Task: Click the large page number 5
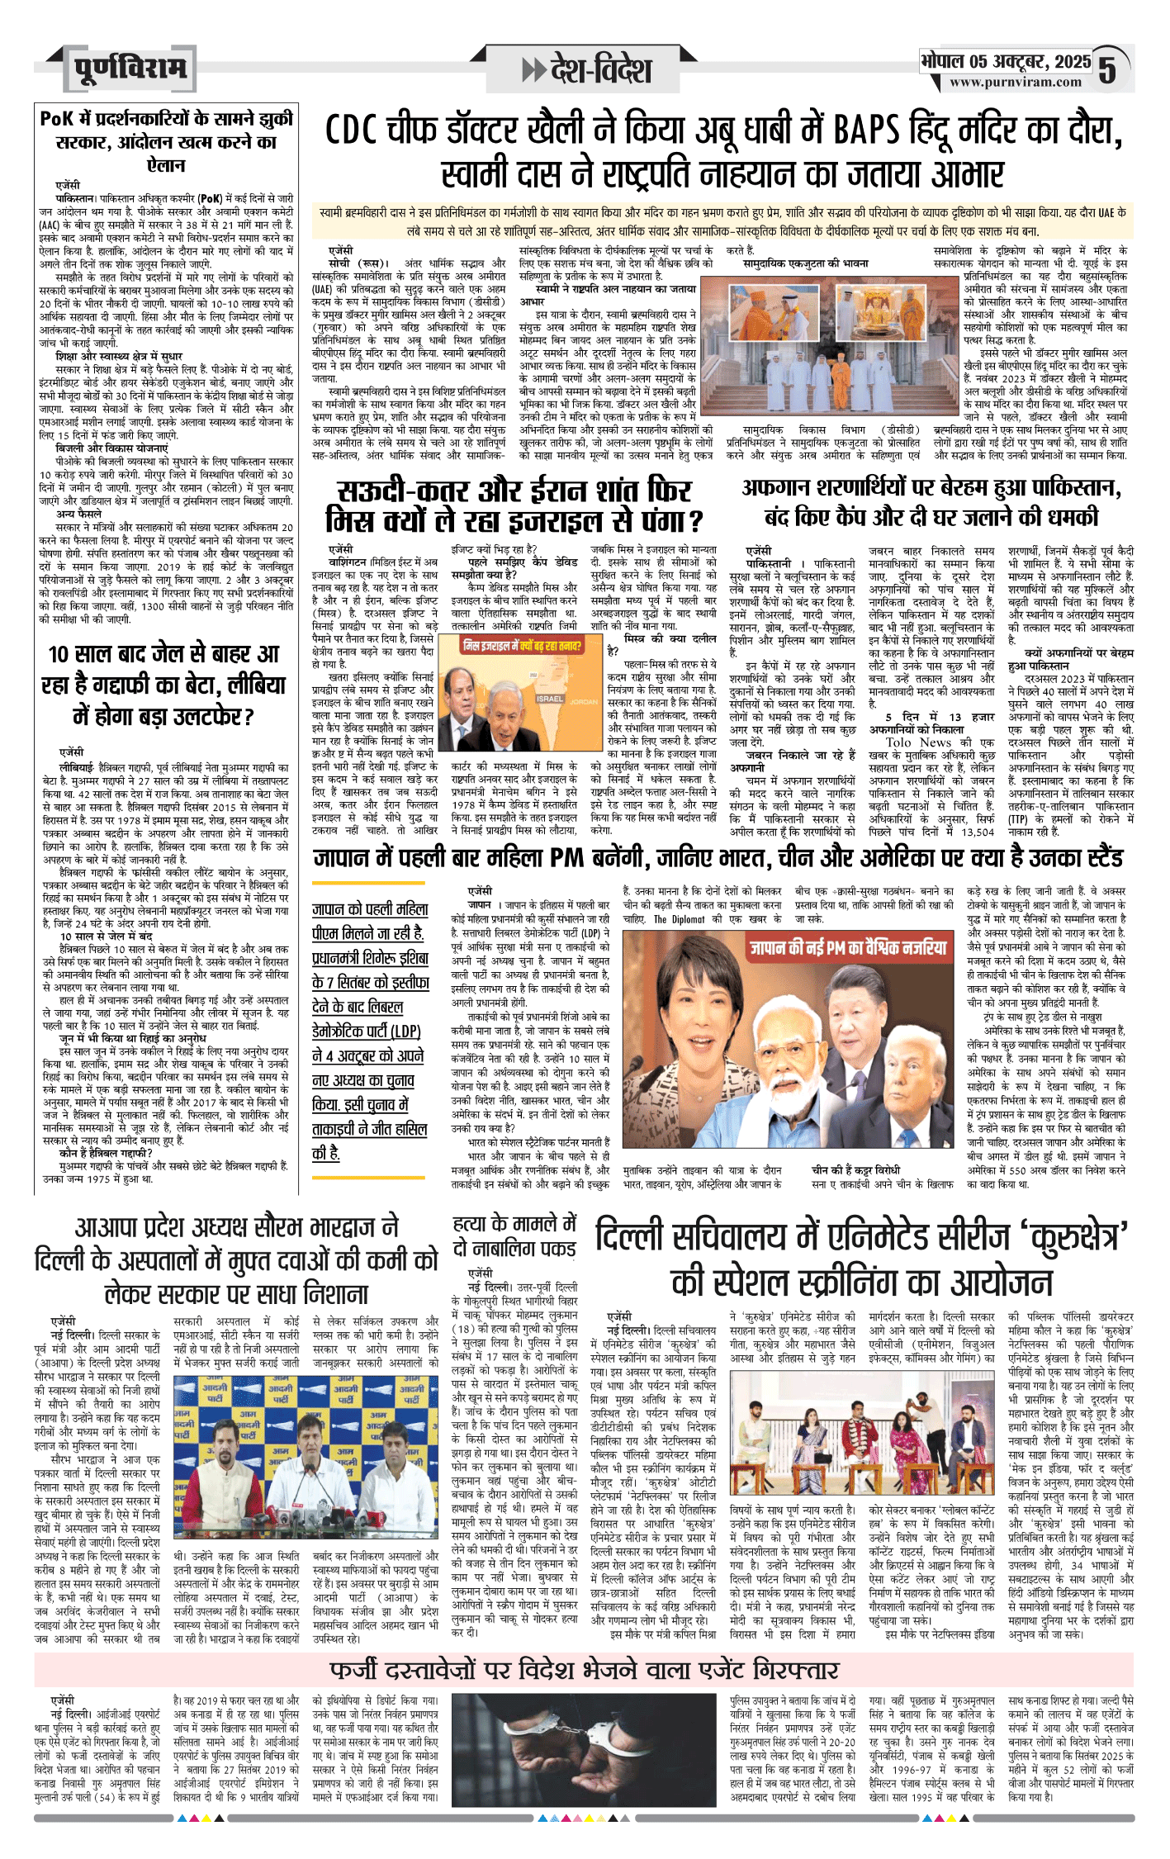[1107, 70]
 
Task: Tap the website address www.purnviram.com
[1015, 82]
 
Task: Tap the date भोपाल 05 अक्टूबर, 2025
[1006, 61]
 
